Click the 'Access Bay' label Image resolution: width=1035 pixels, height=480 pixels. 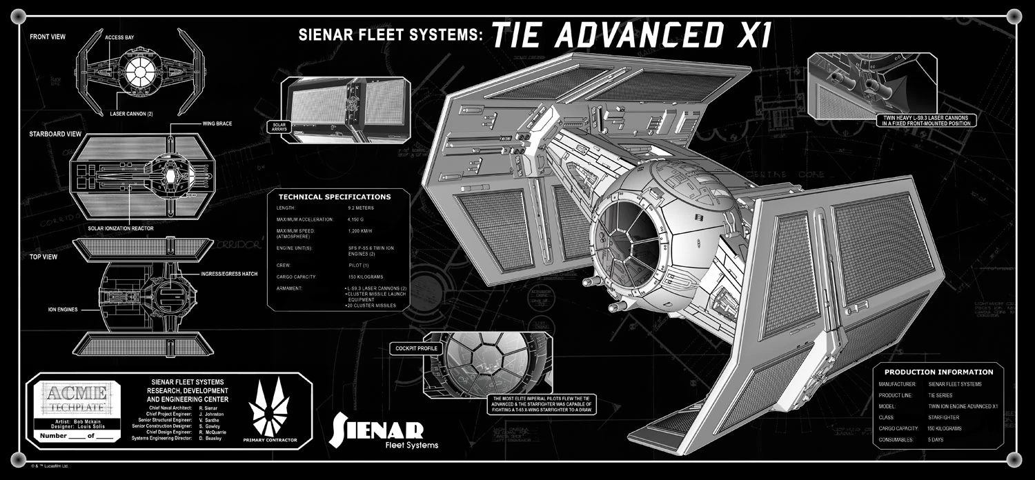(x=119, y=37)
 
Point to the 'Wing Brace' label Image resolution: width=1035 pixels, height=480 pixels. (x=217, y=123)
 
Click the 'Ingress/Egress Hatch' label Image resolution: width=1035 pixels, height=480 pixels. (x=230, y=274)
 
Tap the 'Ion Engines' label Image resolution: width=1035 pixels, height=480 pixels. (x=63, y=310)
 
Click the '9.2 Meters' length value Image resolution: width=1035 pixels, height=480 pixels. (x=362, y=208)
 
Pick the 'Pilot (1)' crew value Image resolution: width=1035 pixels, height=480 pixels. (x=359, y=265)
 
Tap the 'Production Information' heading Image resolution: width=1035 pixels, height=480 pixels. (x=938, y=372)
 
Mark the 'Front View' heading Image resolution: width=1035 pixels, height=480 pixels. (x=48, y=37)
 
